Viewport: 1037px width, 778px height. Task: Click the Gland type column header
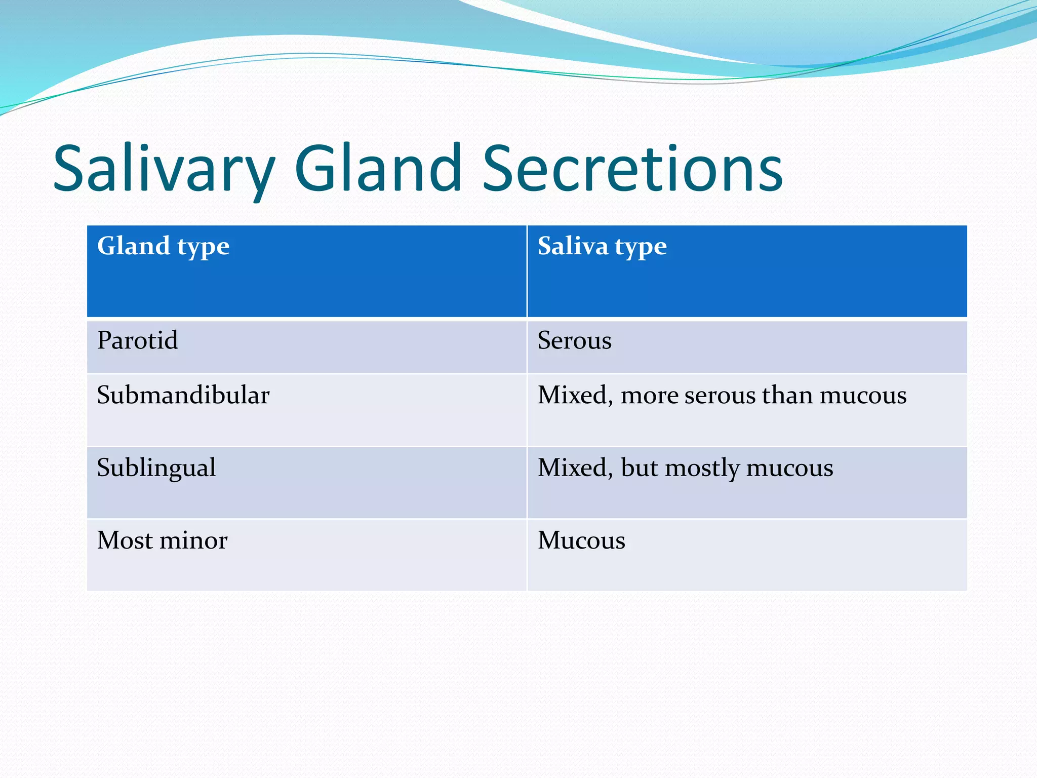(163, 247)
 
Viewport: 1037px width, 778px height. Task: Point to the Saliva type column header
(602, 247)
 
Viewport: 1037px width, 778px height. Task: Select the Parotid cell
(137, 340)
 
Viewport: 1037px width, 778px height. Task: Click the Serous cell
(574, 340)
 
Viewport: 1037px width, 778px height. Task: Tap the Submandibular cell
(183, 395)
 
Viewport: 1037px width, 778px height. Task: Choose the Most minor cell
(162, 540)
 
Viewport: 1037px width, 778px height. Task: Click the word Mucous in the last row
(581, 540)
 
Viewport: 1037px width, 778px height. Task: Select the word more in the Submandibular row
(649, 396)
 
